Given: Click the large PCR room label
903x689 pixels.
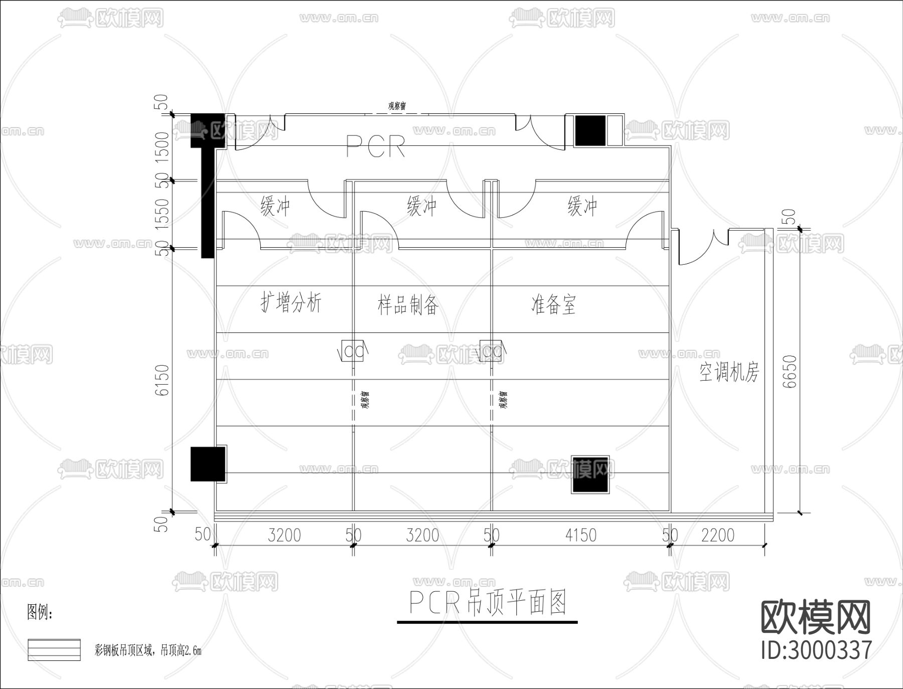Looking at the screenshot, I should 376,146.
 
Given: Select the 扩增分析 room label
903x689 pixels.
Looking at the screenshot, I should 290,302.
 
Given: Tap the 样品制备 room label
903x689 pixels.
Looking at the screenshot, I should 408,304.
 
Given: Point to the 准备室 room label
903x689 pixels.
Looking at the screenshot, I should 553,304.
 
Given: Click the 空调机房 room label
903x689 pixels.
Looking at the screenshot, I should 729,373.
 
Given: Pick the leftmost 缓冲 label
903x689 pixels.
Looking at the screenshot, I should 275,206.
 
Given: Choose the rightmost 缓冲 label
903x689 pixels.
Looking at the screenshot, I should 582,206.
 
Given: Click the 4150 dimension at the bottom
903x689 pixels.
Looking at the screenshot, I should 580,535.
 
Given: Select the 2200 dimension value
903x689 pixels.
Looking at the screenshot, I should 717,535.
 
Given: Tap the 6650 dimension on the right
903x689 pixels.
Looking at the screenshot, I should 789,372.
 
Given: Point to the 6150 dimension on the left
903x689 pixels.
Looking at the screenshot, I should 162,380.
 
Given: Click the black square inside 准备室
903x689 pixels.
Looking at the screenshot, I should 590,474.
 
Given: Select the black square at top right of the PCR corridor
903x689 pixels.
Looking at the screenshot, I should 590,130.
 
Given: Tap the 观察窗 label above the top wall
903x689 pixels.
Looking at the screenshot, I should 397,106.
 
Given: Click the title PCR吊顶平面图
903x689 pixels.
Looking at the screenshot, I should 488,603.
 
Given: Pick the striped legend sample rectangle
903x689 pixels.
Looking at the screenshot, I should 54,650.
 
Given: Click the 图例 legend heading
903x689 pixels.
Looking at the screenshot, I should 40,612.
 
